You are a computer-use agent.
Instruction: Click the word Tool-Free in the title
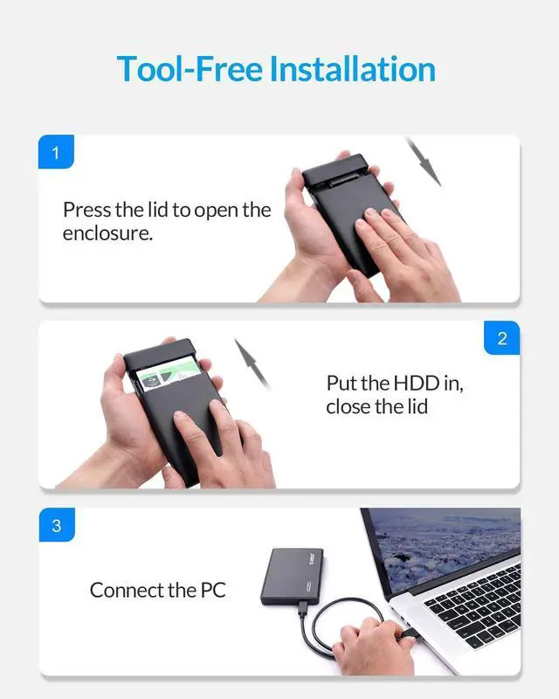click(190, 69)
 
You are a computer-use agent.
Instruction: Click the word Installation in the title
click(353, 69)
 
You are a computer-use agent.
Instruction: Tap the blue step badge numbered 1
click(56, 151)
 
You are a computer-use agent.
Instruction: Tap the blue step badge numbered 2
click(502, 338)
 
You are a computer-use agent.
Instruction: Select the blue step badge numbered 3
click(57, 525)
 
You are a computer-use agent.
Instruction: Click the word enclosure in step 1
click(107, 233)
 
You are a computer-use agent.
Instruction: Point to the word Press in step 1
click(86, 210)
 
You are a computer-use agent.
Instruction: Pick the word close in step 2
click(349, 406)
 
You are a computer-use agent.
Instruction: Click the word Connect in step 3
click(127, 591)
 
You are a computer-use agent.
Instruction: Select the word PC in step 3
click(213, 591)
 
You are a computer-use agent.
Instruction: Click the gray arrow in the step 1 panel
click(424, 162)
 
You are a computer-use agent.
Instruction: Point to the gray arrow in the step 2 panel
click(252, 363)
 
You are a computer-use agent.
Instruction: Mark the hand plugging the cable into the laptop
click(369, 647)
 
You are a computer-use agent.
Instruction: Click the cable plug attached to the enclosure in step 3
click(303, 608)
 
